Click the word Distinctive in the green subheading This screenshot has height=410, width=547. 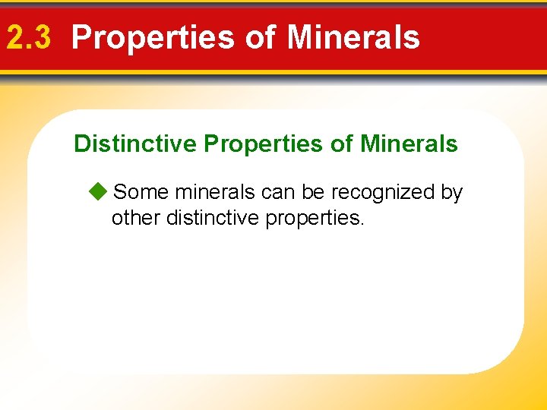point(134,143)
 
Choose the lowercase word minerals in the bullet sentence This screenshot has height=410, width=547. point(216,193)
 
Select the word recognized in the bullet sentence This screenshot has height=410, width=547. point(383,193)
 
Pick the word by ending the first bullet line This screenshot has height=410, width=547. point(452,193)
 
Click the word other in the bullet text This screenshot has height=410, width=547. point(135,219)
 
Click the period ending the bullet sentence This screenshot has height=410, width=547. point(362,225)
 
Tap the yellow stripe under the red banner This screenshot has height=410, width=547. point(273,73)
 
